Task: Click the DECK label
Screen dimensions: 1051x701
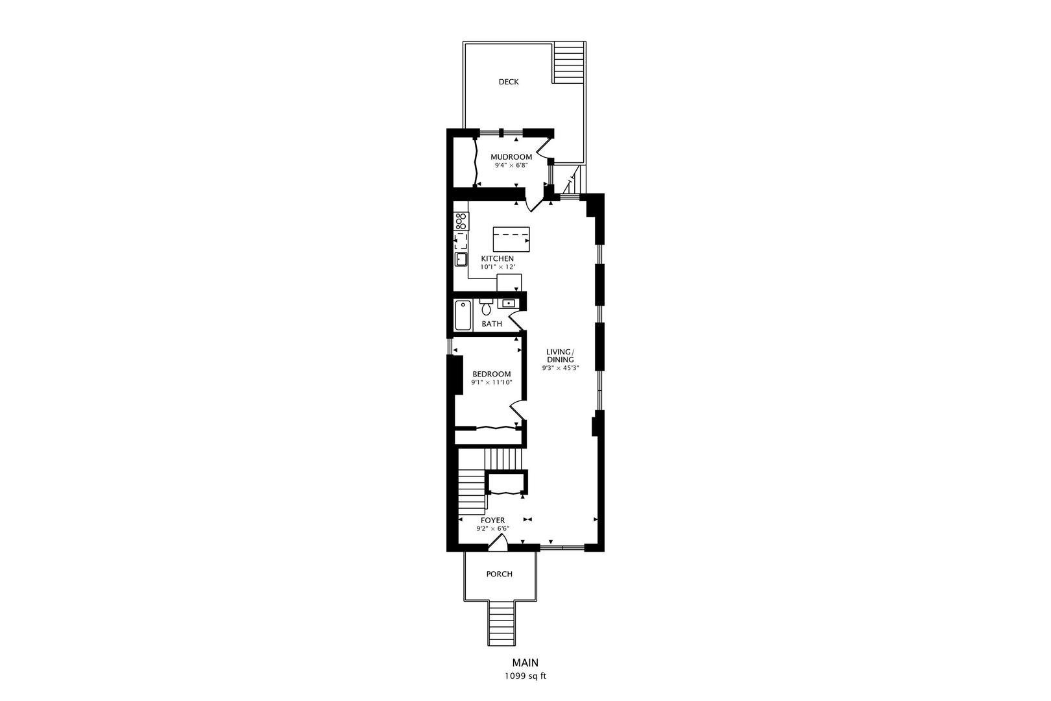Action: [509, 82]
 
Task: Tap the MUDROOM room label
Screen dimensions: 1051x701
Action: [511, 157]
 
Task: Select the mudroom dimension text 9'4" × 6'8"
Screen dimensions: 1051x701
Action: [511, 166]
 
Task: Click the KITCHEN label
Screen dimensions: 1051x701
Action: [498, 259]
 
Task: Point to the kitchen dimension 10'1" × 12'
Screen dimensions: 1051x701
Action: [498, 267]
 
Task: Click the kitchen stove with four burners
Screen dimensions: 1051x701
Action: [461, 221]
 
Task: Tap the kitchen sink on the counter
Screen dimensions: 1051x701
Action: [461, 259]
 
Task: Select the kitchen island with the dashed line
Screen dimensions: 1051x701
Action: [511, 239]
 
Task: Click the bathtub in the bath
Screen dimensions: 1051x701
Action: [463, 315]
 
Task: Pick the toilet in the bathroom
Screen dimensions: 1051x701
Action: [486, 306]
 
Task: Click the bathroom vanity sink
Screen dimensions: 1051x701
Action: [507, 303]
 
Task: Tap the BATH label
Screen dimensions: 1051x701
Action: [492, 324]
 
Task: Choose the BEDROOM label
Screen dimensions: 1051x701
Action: [492, 375]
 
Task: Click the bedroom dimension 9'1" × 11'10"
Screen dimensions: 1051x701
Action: [492, 383]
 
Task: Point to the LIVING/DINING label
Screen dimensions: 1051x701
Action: [561, 356]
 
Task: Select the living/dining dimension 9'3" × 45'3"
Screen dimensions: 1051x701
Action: [561, 368]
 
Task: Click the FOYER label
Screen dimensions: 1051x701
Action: [492, 521]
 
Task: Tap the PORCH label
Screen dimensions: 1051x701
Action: [500, 574]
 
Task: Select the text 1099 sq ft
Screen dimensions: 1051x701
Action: [525, 676]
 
